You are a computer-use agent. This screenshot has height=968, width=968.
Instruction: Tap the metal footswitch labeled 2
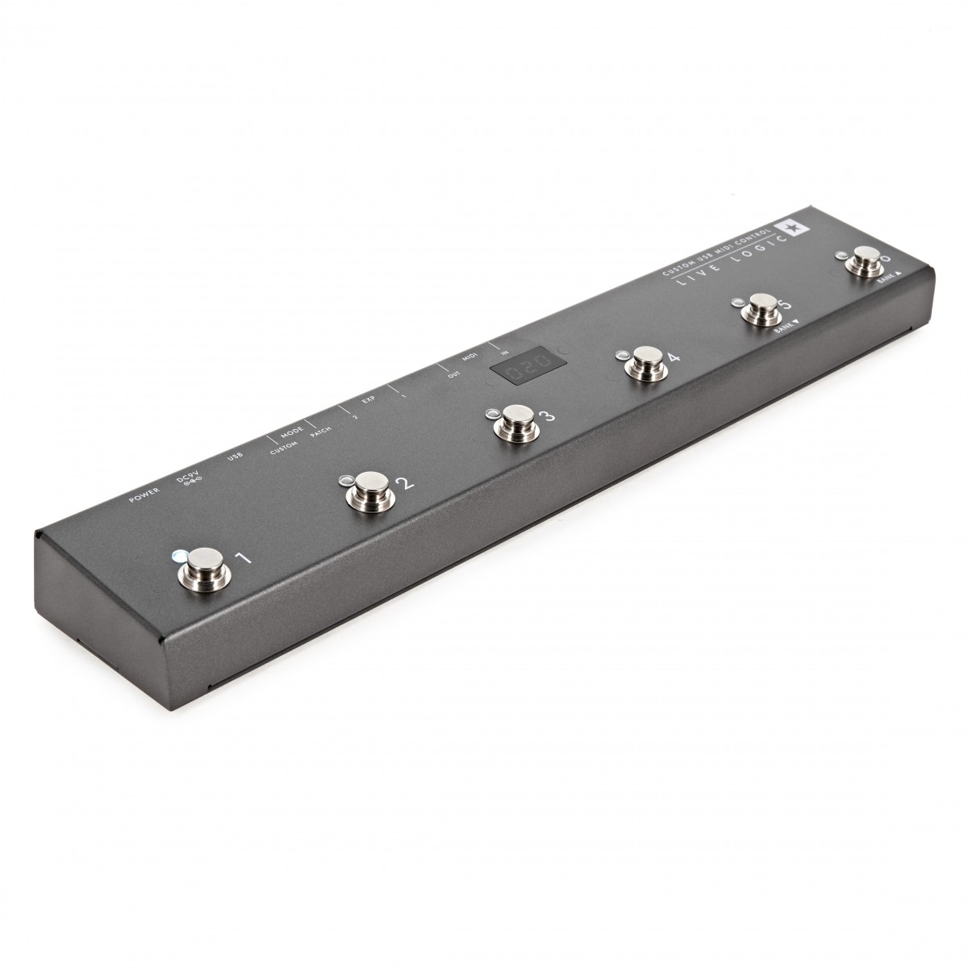point(369,491)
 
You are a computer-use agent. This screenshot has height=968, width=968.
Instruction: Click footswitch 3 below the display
point(514,423)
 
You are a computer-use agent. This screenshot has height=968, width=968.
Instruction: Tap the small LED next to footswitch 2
point(345,479)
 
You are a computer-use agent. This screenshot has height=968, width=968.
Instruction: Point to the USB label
point(236,459)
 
